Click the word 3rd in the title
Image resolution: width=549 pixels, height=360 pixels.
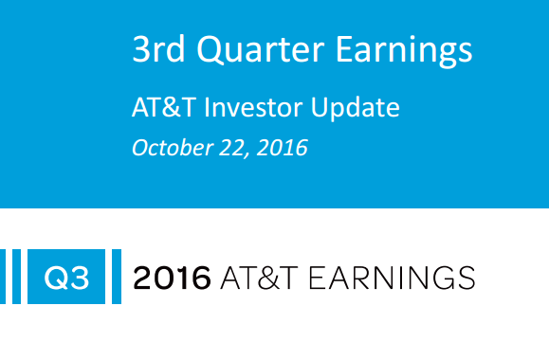(157, 50)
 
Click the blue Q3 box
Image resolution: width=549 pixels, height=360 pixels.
(65, 278)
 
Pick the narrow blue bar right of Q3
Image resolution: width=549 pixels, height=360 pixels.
(117, 278)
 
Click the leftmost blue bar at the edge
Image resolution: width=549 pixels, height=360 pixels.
(3, 278)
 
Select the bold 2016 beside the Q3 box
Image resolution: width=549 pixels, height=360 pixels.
(172, 278)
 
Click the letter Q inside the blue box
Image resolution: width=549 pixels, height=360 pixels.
(56, 278)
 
